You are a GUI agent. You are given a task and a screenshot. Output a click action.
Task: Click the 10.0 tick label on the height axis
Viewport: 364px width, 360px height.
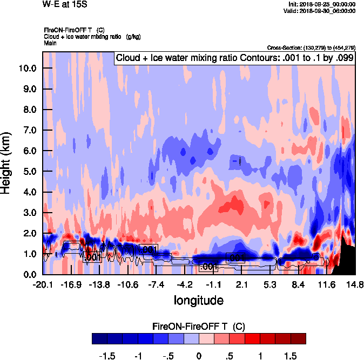pyautogui.click(x=28, y=69)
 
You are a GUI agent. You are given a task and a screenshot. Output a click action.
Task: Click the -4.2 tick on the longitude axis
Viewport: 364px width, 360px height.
pyautogui.click(x=185, y=284)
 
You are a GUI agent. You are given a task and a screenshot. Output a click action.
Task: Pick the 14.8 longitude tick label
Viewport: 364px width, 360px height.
pyautogui.click(x=355, y=284)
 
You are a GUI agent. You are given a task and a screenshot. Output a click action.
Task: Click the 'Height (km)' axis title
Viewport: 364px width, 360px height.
pyautogui.click(x=7, y=163)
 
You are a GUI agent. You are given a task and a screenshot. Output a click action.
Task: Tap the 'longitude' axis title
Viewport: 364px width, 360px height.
pyautogui.click(x=199, y=300)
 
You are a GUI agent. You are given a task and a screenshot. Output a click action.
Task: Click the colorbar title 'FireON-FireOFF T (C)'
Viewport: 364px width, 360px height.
pyautogui.click(x=199, y=327)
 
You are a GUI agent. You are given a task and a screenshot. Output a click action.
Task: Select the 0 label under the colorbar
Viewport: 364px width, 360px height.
pyautogui.click(x=199, y=356)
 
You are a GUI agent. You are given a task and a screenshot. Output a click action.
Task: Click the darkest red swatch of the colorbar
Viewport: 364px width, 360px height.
pyautogui.click(x=298, y=338)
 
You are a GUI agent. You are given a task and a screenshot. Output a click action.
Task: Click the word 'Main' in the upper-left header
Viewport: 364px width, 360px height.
pyautogui.click(x=50, y=43)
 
